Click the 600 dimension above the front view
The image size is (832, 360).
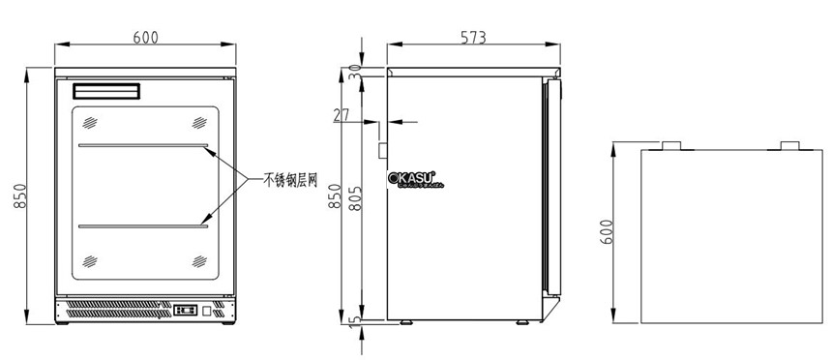145,38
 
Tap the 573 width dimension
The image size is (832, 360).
473,38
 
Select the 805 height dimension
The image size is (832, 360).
356,202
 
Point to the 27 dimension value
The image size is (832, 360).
341,115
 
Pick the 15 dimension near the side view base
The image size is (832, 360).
354,318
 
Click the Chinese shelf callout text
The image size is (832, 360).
290,179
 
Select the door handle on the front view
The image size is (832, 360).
107,92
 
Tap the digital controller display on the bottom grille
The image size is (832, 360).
186,311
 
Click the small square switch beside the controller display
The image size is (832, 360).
207,311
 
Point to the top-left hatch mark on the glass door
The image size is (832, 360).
90,123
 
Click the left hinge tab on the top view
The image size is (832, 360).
670,146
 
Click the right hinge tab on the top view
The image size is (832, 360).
789,146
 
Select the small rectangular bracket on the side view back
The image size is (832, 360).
382,150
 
